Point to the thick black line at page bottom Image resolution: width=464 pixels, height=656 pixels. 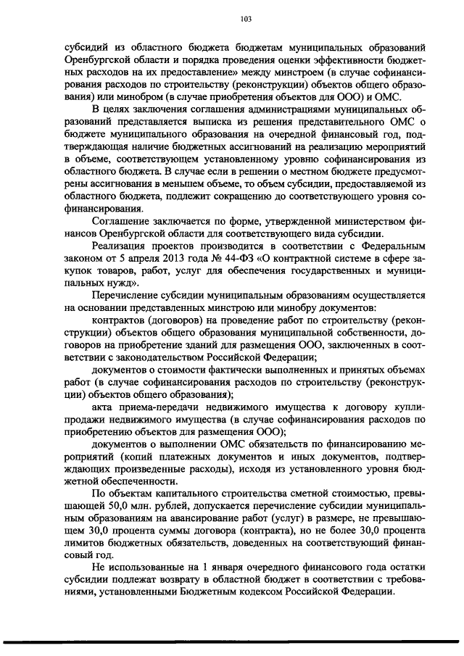click(x=232, y=641)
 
